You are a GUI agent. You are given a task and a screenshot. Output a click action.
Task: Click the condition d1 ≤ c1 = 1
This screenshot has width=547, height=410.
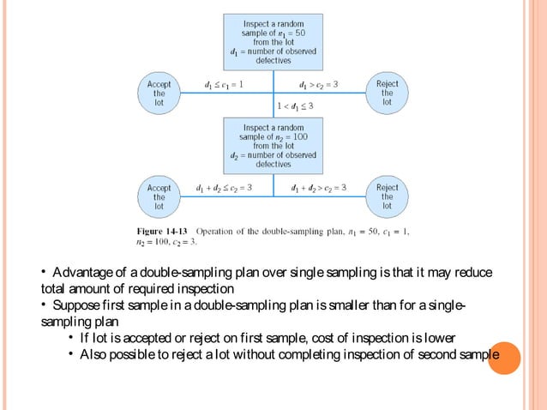(x=223, y=85)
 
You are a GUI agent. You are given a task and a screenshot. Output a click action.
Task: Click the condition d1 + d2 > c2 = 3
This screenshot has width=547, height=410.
(x=319, y=187)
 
